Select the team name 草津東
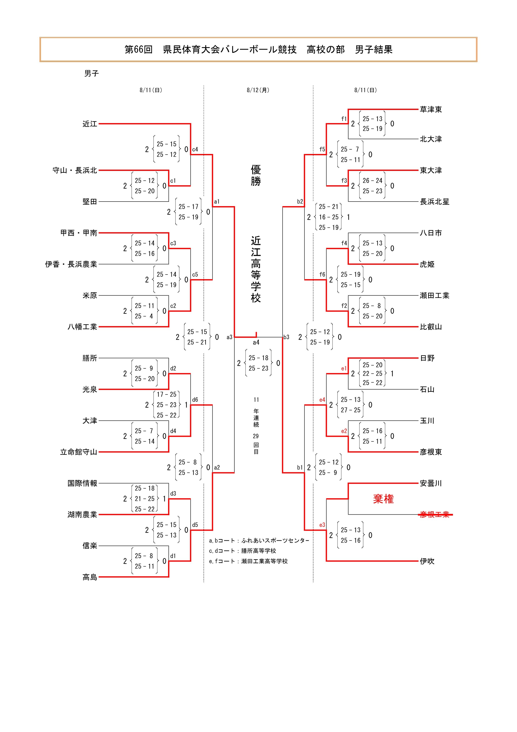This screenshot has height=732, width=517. click(x=431, y=109)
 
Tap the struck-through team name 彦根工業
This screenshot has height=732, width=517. click(x=434, y=514)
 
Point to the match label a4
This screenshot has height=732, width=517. click(x=256, y=342)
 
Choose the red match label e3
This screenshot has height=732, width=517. click(x=322, y=525)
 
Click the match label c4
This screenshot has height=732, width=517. click(x=195, y=149)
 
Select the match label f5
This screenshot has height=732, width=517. click(x=322, y=149)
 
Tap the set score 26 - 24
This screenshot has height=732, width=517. click(x=372, y=180)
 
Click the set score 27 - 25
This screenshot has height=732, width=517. click(x=350, y=410)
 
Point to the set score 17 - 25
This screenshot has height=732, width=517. click(x=166, y=394)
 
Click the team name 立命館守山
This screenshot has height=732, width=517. click(x=78, y=452)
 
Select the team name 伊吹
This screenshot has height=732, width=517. click(x=427, y=561)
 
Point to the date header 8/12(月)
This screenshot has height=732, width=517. click(x=258, y=90)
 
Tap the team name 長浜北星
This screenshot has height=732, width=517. click(x=434, y=202)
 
